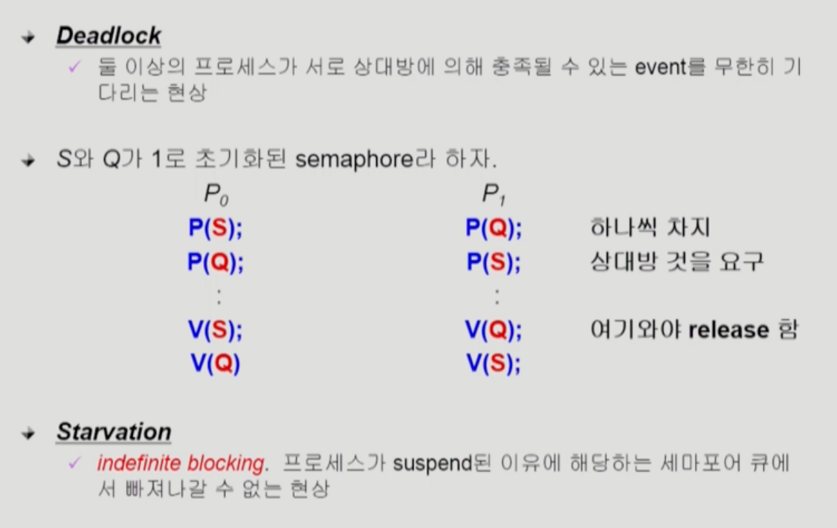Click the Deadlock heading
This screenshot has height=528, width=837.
(x=109, y=36)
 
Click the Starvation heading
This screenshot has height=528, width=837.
(x=114, y=431)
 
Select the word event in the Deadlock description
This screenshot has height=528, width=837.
(x=660, y=67)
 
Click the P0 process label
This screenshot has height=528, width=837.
(x=216, y=194)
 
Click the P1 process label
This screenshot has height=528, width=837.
(x=494, y=194)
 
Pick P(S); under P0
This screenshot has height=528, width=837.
(x=215, y=228)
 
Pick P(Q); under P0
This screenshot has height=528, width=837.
(x=215, y=262)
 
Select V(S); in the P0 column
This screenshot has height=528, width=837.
(x=215, y=329)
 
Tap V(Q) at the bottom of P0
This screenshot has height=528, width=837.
(x=215, y=364)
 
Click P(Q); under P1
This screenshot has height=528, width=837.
(x=494, y=228)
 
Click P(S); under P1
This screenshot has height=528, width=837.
(x=494, y=262)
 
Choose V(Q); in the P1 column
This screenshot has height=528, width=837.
(x=494, y=329)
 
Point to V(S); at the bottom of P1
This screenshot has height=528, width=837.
(x=494, y=364)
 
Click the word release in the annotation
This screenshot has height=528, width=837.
(x=728, y=330)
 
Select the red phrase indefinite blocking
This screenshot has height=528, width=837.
(x=181, y=463)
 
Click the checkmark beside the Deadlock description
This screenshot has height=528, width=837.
(x=74, y=67)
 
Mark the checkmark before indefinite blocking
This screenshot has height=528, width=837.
(x=74, y=463)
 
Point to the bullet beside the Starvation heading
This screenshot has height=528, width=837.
(x=28, y=433)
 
